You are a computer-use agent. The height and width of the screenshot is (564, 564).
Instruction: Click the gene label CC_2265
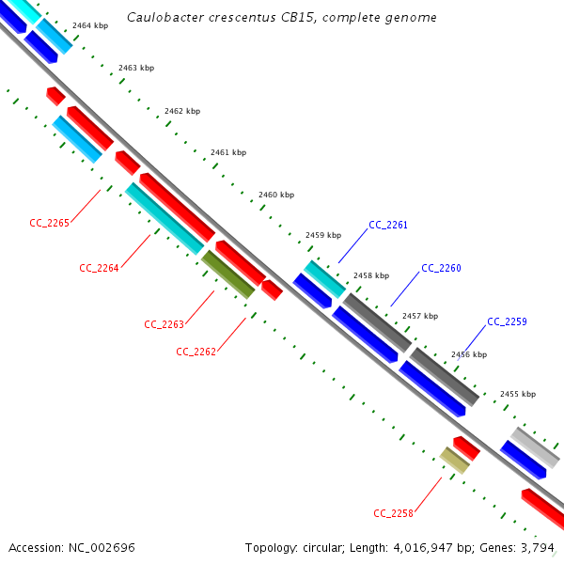[50, 223]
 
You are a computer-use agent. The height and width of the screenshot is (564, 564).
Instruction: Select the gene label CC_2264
[99, 268]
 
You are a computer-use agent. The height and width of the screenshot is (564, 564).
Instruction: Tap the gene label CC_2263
[164, 324]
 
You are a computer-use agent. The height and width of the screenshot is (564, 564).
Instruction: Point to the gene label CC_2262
[196, 352]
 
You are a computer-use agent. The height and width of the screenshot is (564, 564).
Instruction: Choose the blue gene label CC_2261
[388, 225]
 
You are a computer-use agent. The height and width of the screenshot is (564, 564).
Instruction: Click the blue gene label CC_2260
[441, 268]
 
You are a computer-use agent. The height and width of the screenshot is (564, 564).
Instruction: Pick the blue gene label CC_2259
[507, 321]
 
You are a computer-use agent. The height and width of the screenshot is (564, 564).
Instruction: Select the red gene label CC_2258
[393, 512]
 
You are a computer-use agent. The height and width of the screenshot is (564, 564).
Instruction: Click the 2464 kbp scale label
[90, 25]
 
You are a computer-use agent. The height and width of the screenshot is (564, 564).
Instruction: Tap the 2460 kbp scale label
[276, 196]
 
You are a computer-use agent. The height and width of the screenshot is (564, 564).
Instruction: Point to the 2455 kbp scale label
[518, 394]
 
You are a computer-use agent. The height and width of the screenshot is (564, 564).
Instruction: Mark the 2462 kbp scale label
[182, 111]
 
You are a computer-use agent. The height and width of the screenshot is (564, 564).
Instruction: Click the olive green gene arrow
[227, 274]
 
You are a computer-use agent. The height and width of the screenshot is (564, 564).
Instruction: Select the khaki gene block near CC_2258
[455, 460]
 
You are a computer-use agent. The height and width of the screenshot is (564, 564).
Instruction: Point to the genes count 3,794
[540, 547]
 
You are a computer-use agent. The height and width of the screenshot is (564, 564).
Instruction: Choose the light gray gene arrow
[535, 446]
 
